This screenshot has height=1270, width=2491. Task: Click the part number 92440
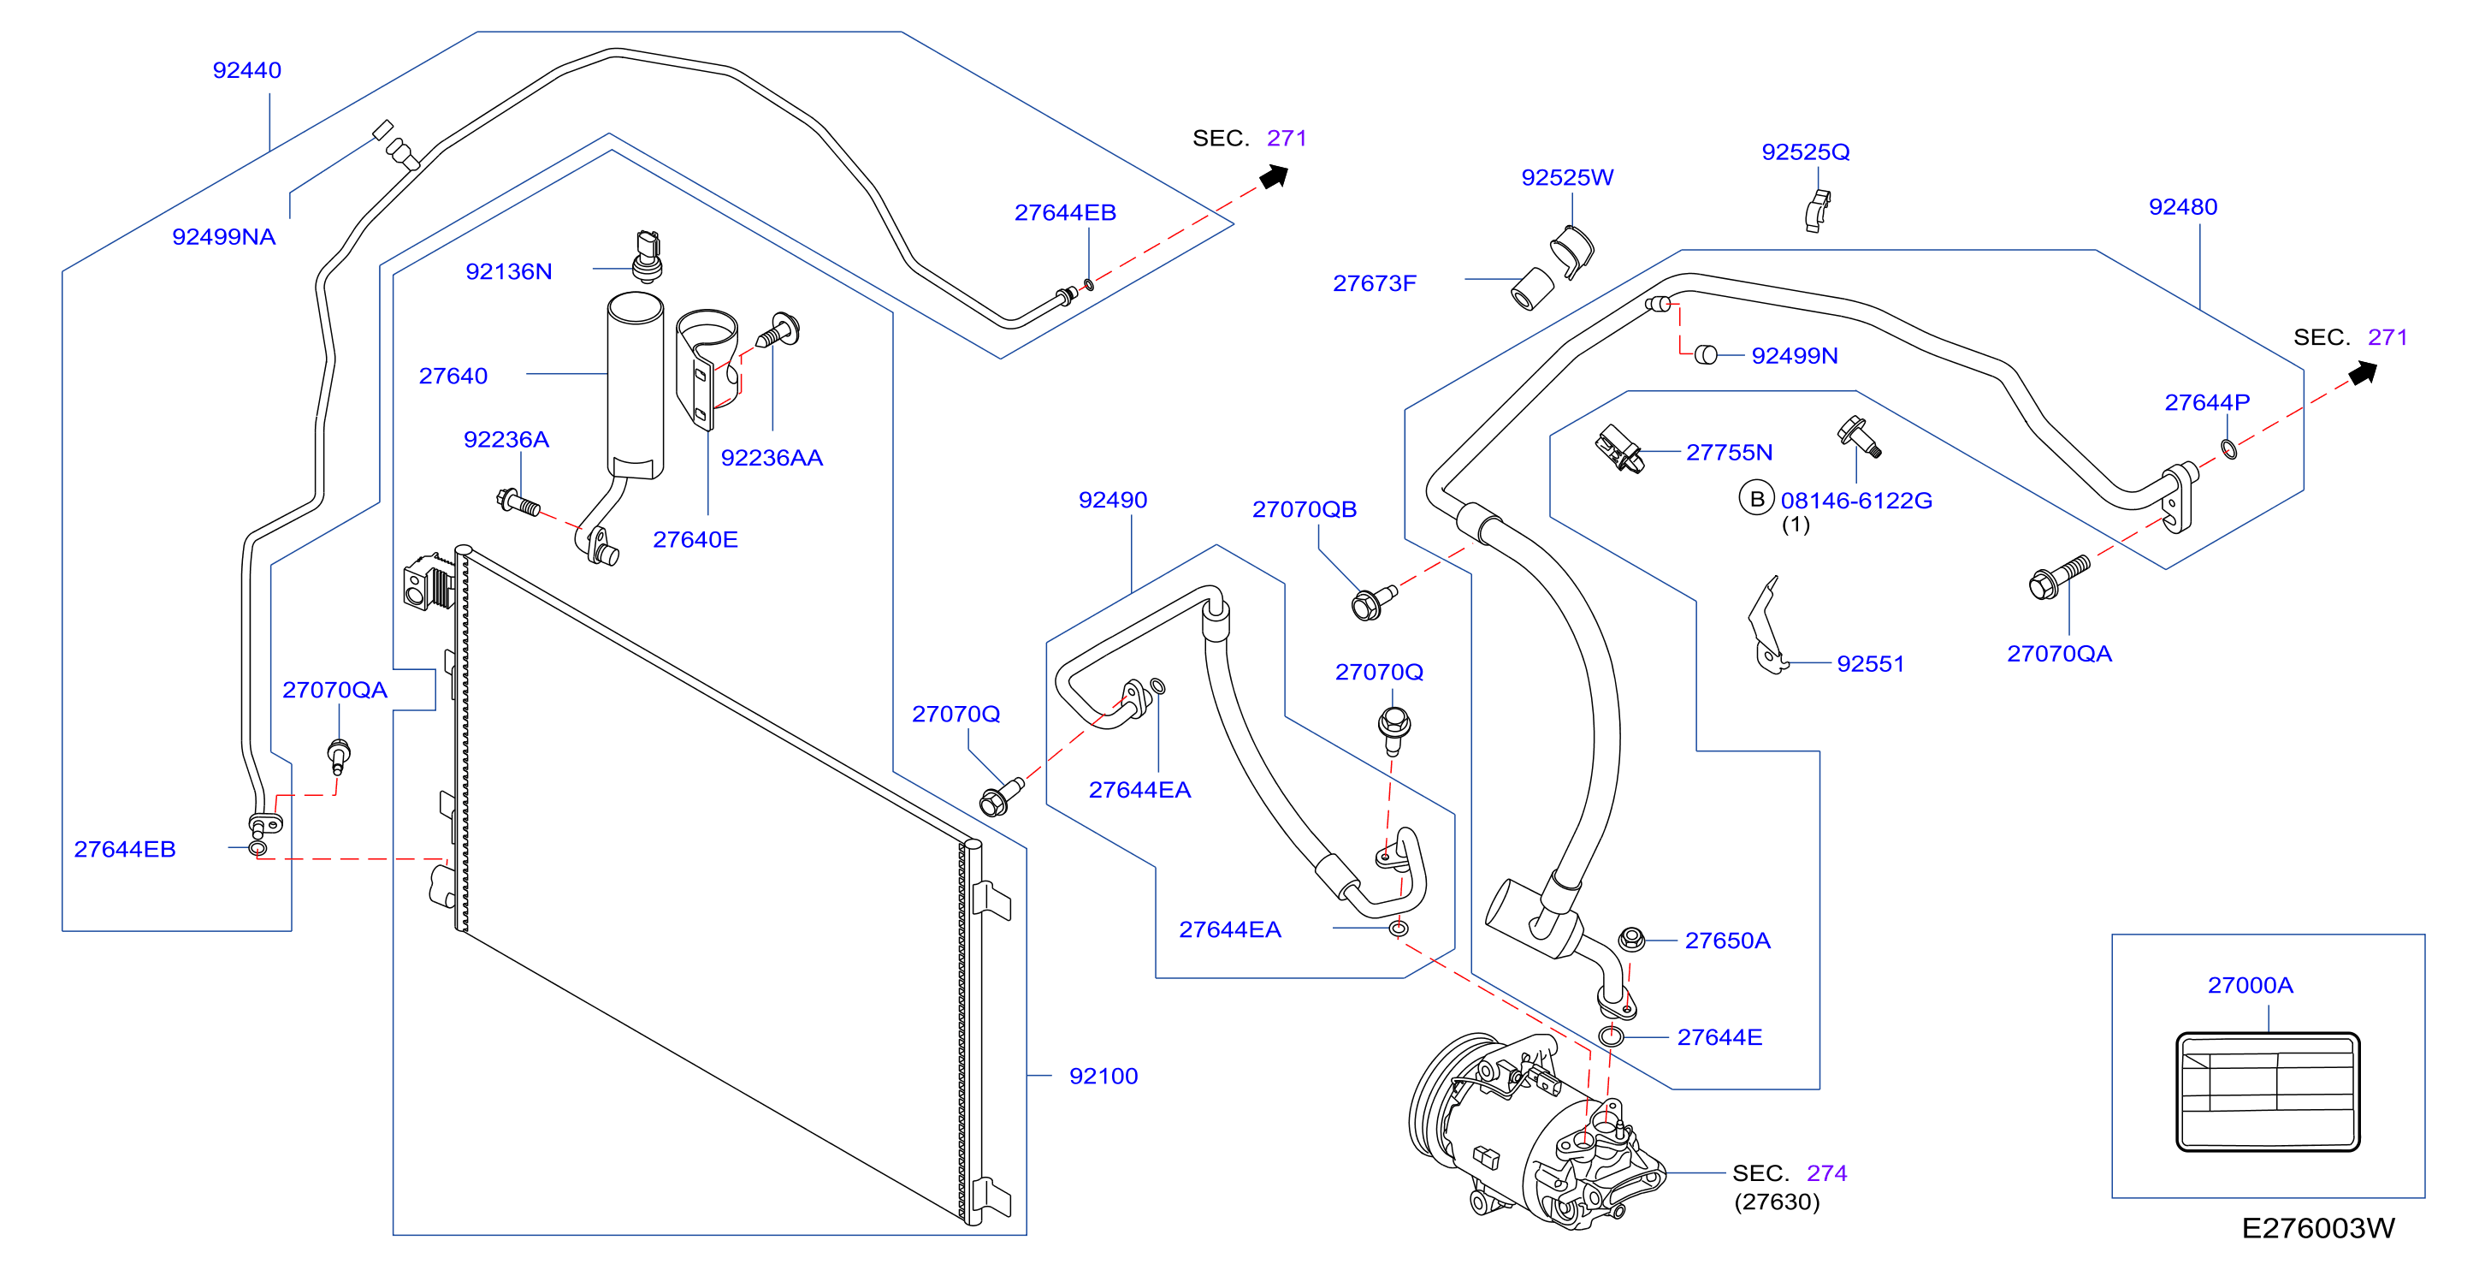246,71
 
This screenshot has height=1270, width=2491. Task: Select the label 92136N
509,272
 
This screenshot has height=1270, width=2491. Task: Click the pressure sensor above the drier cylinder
648,255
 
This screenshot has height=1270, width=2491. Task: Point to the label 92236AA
772,459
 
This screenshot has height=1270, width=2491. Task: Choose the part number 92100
1103,1077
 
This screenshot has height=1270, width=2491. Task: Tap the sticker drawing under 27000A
2268,1092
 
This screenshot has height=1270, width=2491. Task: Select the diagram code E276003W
2318,1228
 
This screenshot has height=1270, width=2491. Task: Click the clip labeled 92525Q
1817,211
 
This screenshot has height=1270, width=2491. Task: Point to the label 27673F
1374,283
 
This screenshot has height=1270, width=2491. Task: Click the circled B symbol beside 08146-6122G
1756,499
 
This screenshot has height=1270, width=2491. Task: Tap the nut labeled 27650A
1630,938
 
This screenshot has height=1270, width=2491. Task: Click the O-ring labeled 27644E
1611,1037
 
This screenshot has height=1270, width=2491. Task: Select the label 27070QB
1305,510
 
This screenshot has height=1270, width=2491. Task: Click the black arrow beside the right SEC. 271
2364,373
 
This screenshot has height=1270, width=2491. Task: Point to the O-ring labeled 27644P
2229,448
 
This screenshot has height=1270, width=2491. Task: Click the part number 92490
1113,500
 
